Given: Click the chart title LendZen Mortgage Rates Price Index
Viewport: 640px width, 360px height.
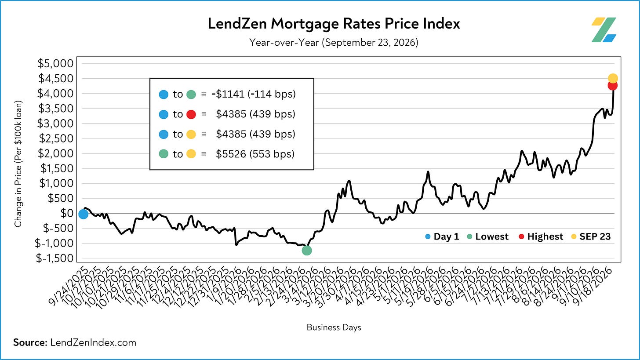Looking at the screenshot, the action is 334,24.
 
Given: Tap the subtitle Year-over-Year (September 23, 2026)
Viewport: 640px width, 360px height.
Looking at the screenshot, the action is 334,42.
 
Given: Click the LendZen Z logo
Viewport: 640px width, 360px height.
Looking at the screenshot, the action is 604,30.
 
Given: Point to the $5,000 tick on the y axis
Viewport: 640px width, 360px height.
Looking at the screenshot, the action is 55,63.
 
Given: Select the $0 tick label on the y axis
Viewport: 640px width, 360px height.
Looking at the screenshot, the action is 67,213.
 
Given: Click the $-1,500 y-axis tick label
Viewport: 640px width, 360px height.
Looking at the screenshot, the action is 55,258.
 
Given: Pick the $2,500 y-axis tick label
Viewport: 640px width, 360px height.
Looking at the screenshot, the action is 56,138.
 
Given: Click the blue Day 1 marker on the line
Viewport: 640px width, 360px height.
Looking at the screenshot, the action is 84,214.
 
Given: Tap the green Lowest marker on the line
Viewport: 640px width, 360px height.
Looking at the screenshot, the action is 306,251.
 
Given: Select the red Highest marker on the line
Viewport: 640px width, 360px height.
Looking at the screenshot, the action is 613,85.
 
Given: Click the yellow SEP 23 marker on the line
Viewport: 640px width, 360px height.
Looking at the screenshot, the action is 613,78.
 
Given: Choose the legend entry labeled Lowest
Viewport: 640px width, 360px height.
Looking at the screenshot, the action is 488,236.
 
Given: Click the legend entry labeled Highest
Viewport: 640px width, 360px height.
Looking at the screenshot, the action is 541,236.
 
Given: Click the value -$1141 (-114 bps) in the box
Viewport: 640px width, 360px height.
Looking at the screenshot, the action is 254,94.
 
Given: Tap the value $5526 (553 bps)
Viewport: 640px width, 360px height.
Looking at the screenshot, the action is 255,154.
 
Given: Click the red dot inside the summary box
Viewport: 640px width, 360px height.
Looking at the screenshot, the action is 191,114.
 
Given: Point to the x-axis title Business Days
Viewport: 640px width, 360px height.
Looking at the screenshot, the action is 334,327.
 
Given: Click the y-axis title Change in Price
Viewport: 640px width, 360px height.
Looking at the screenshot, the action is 18,164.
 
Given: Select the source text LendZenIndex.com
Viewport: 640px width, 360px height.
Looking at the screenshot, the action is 93,342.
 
